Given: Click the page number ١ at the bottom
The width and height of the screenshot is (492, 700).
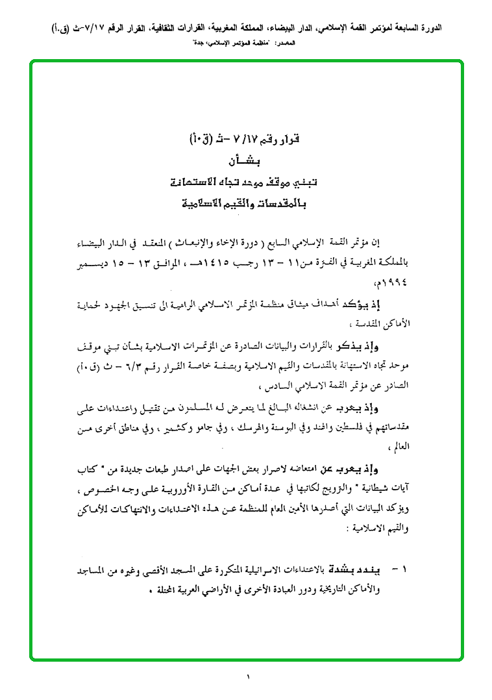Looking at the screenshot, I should (248, 678).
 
